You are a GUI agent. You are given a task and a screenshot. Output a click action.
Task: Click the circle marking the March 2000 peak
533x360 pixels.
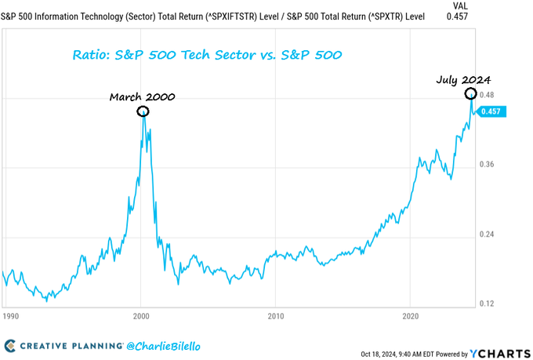[x=142, y=111]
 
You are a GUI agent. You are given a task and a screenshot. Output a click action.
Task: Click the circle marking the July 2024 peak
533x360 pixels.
[x=471, y=94]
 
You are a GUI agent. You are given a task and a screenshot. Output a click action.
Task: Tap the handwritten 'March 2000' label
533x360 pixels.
[x=142, y=97]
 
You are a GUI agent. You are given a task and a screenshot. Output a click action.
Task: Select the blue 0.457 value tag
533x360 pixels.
[x=493, y=111]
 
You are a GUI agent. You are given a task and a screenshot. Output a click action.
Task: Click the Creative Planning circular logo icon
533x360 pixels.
[x=10, y=346]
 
